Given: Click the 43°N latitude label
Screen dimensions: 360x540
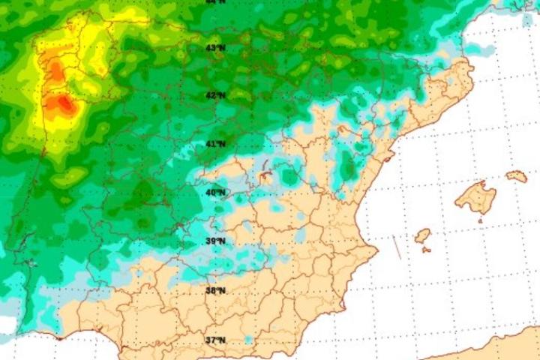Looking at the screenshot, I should pyautogui.click(x=215, y=48).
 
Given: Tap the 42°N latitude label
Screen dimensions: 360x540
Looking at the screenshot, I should pyautogui.click(x=215, y=95).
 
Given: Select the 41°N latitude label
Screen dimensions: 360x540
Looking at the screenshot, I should pyautogui.click(x=216, y=143).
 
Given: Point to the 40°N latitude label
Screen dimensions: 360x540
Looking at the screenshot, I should pyautogui.click(x=215, y=192).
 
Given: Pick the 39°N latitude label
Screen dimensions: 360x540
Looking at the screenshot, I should pyautogui.click(x=215, y=241).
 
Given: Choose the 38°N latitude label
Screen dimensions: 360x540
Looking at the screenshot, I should pyautogui.click(x=215, y=290).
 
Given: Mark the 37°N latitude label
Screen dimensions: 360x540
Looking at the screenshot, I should pyautogui.click(x=215, y=340).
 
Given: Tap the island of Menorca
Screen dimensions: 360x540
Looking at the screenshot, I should pyautogui.click(x=517, y=176).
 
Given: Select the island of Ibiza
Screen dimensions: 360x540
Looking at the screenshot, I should pyautogui.click(x=423, y=235).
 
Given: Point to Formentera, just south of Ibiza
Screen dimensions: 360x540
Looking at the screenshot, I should pyautogui.click(x=426, y=249).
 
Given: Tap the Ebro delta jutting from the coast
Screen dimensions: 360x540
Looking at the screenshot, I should pyautogui.click(x=388, y=158).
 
